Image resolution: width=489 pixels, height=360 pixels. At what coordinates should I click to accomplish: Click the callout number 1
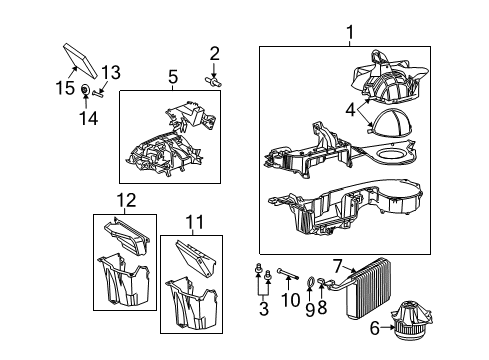coord(349,33)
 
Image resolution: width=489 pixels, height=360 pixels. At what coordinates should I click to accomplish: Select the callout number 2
coord(214,53)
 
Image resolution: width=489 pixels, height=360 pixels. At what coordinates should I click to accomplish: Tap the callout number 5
coord(172,75)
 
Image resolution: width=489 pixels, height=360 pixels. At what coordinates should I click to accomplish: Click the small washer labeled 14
coord(87,92)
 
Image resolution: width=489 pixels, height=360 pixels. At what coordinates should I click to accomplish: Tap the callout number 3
coord(263,311)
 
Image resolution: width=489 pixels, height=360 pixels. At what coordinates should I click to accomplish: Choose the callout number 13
coord(110,72)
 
